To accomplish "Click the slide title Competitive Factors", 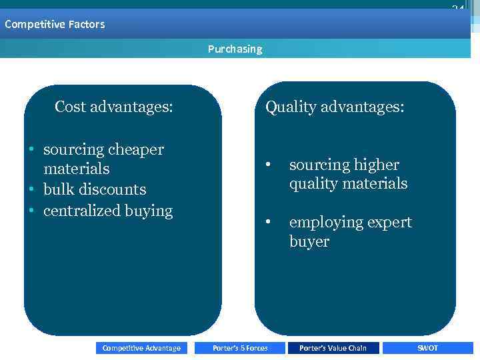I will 55,25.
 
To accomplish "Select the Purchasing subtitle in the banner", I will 235,49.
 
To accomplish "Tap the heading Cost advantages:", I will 114,107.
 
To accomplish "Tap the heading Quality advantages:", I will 334,107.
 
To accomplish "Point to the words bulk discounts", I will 95,190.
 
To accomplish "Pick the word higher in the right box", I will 376,165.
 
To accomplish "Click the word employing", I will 321,223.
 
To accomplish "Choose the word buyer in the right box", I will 309,241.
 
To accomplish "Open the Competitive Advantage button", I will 141,348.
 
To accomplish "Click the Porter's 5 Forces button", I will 240,348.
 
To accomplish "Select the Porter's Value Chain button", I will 333,348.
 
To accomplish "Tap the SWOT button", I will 427,348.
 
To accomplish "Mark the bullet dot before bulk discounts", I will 31,190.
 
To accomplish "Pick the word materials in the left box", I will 76,169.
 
